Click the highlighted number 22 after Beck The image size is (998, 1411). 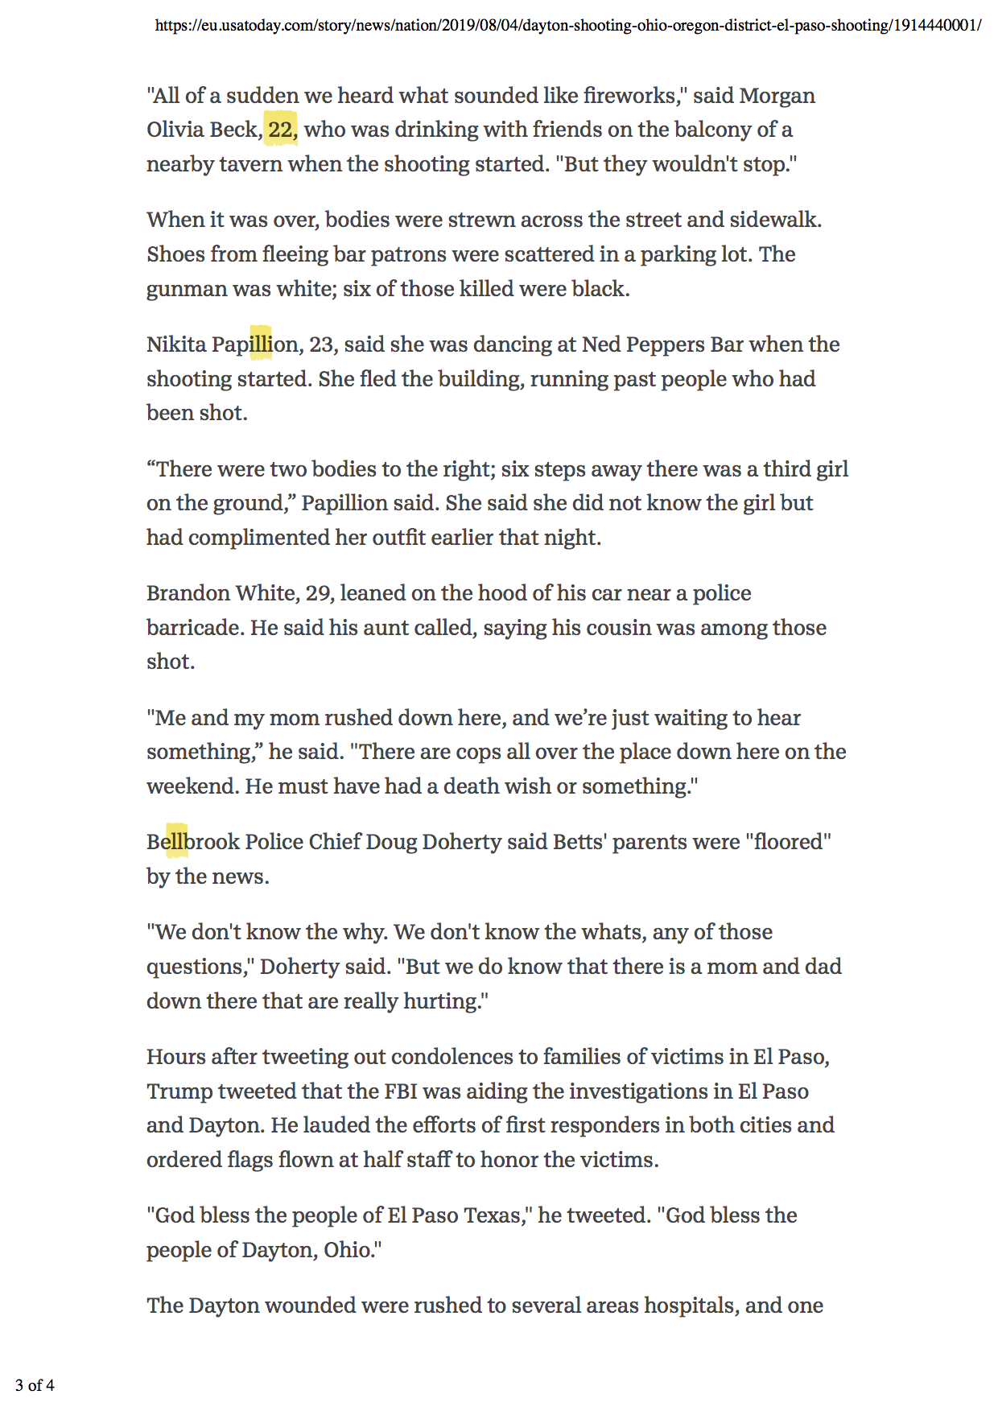pyautogui.click(x=280, y=130)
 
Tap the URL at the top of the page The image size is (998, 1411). pyautogui.click(x=567, y=25)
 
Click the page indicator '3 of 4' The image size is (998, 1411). pyautogui.click(x=35, y=1385)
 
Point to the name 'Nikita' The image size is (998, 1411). pyautogui.click(x=176, y=344)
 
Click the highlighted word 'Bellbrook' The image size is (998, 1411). pyautogui.click(x=193, y=842)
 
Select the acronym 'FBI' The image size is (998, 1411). pyautogui.click(x=400, y=1091)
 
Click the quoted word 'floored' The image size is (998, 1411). pyautogui.click(x=788, y=842)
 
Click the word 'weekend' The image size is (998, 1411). pyautogui.click(x=191, y=786)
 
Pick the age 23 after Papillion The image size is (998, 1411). pyautogui.click(x=321, y=344)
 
